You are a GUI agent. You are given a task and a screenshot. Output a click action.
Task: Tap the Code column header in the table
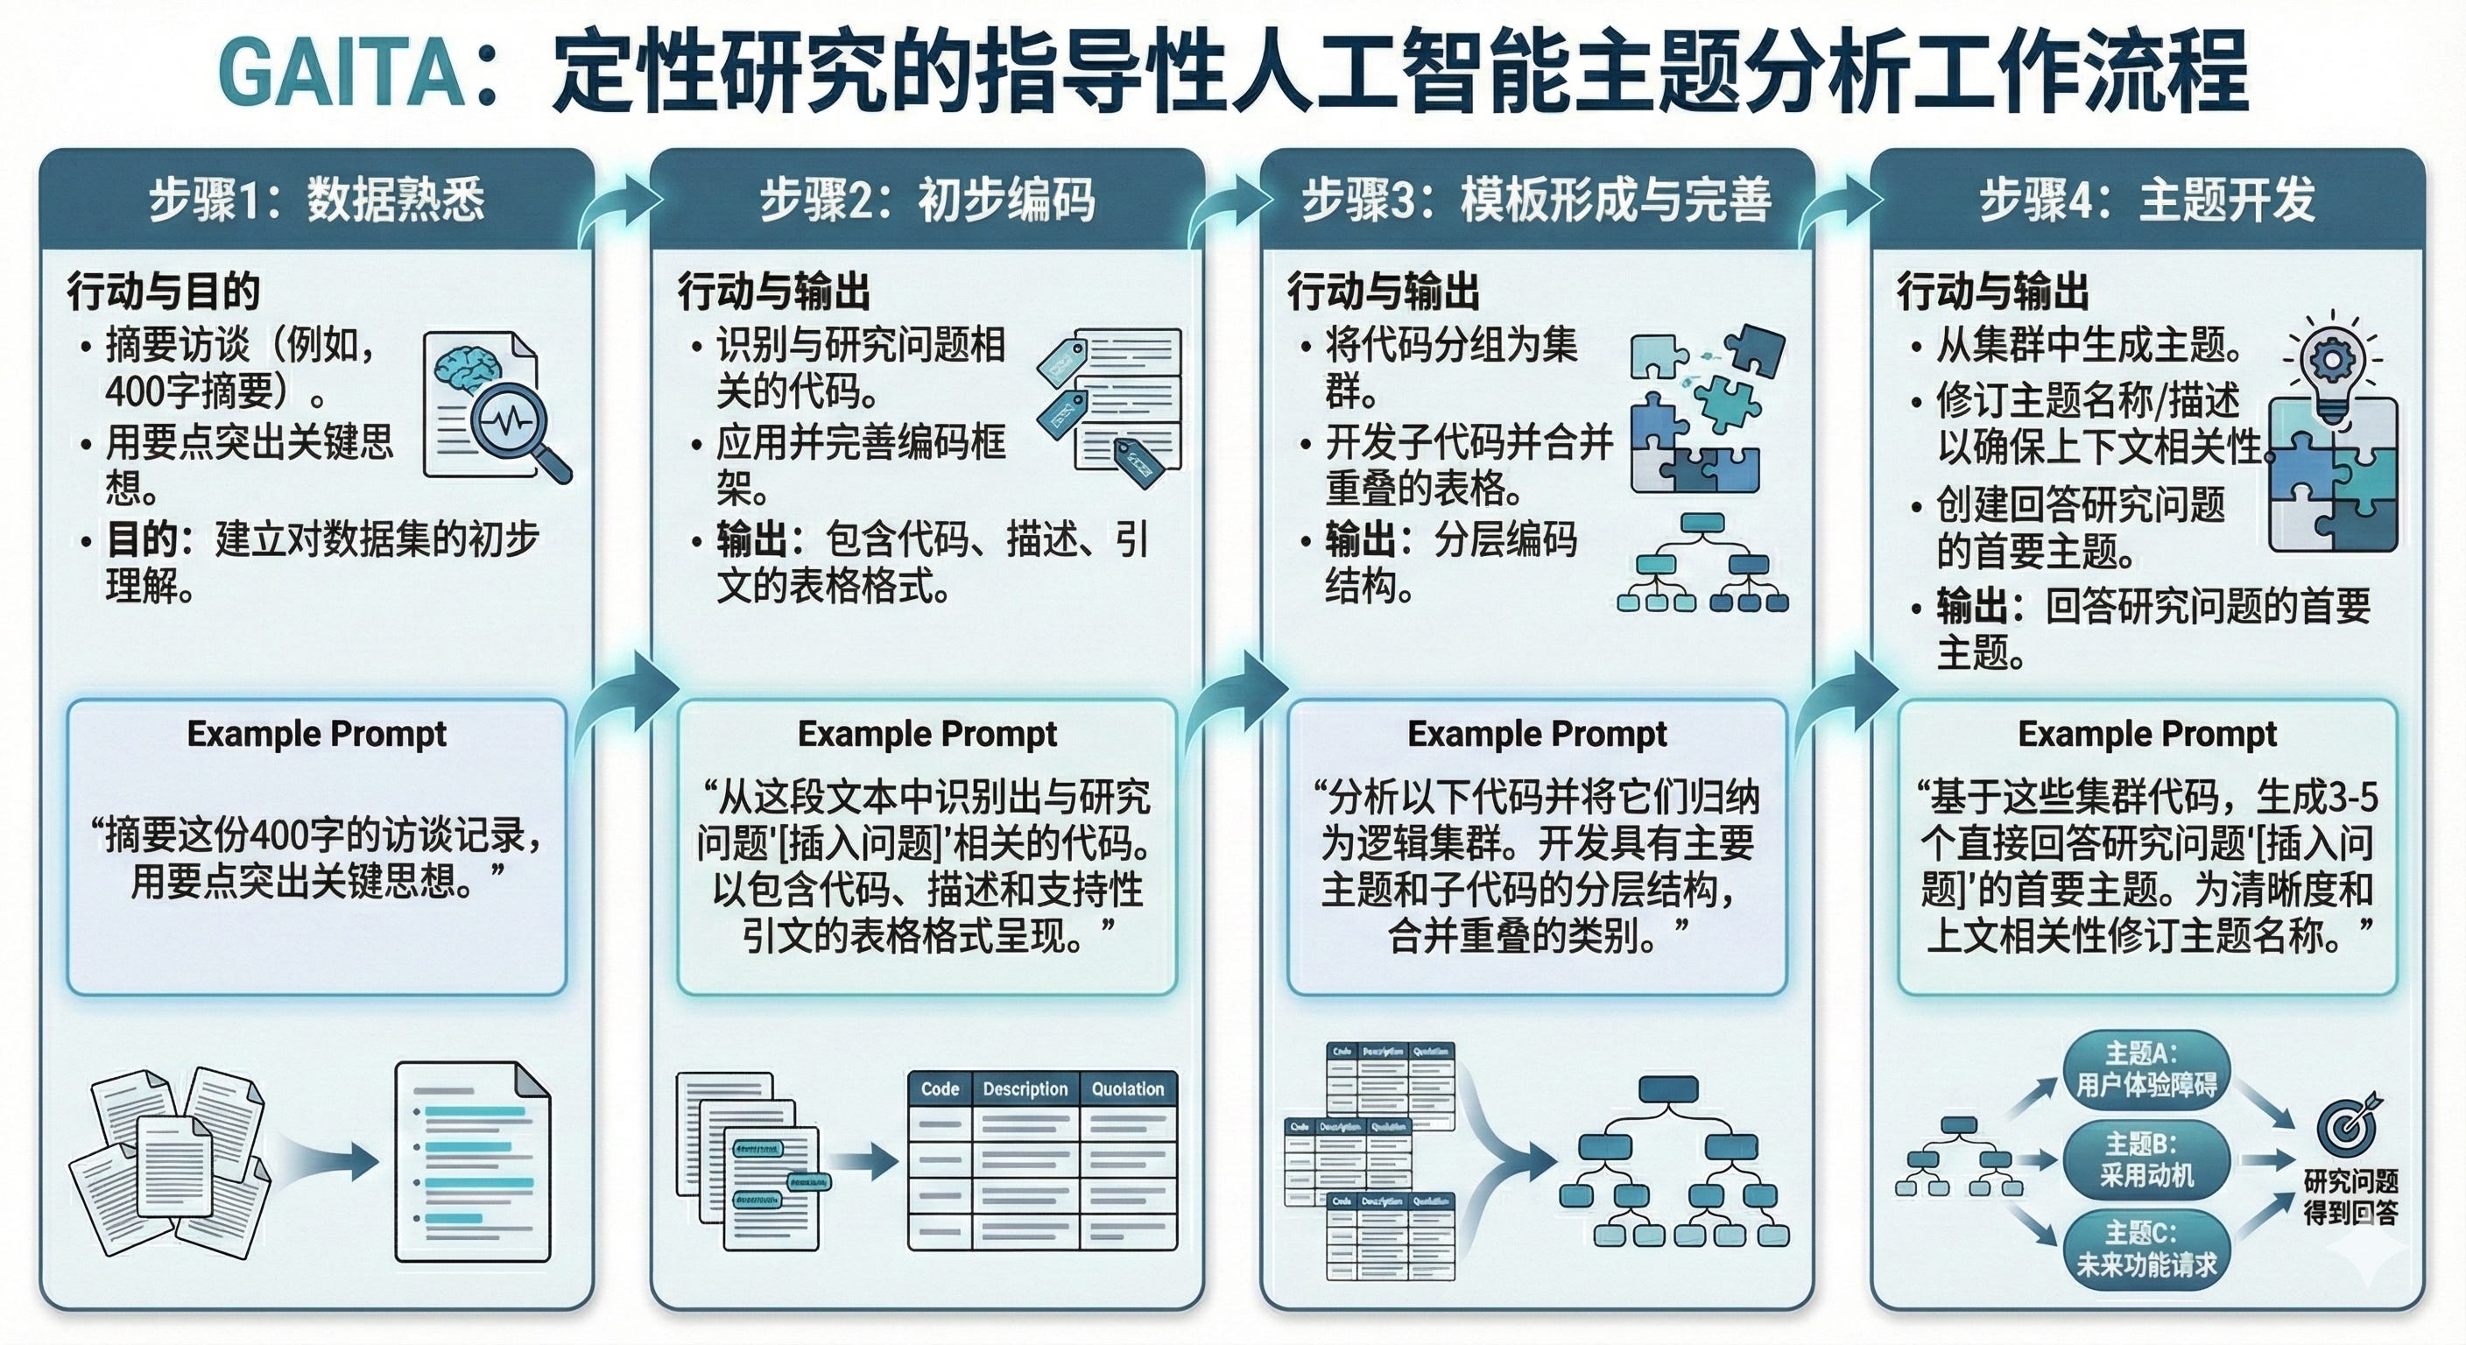(x=939, y=1089)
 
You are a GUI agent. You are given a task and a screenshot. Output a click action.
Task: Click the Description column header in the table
(x=1025, y=1089)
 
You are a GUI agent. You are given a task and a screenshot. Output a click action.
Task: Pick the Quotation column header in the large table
(x=1128, y=1089)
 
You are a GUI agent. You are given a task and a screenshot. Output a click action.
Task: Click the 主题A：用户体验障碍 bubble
(x=2146, y=1069)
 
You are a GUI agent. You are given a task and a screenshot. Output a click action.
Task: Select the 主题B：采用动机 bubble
(x=2146, y=1158)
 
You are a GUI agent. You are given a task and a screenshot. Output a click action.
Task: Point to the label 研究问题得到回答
(x=2350, y=1197)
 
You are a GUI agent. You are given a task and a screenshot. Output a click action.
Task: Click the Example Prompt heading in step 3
(x=1537, y=735)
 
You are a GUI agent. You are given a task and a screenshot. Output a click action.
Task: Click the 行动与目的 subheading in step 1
(x=164, y=291)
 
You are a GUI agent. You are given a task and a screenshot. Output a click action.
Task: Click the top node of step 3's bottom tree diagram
(x=1667, y=1089)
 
